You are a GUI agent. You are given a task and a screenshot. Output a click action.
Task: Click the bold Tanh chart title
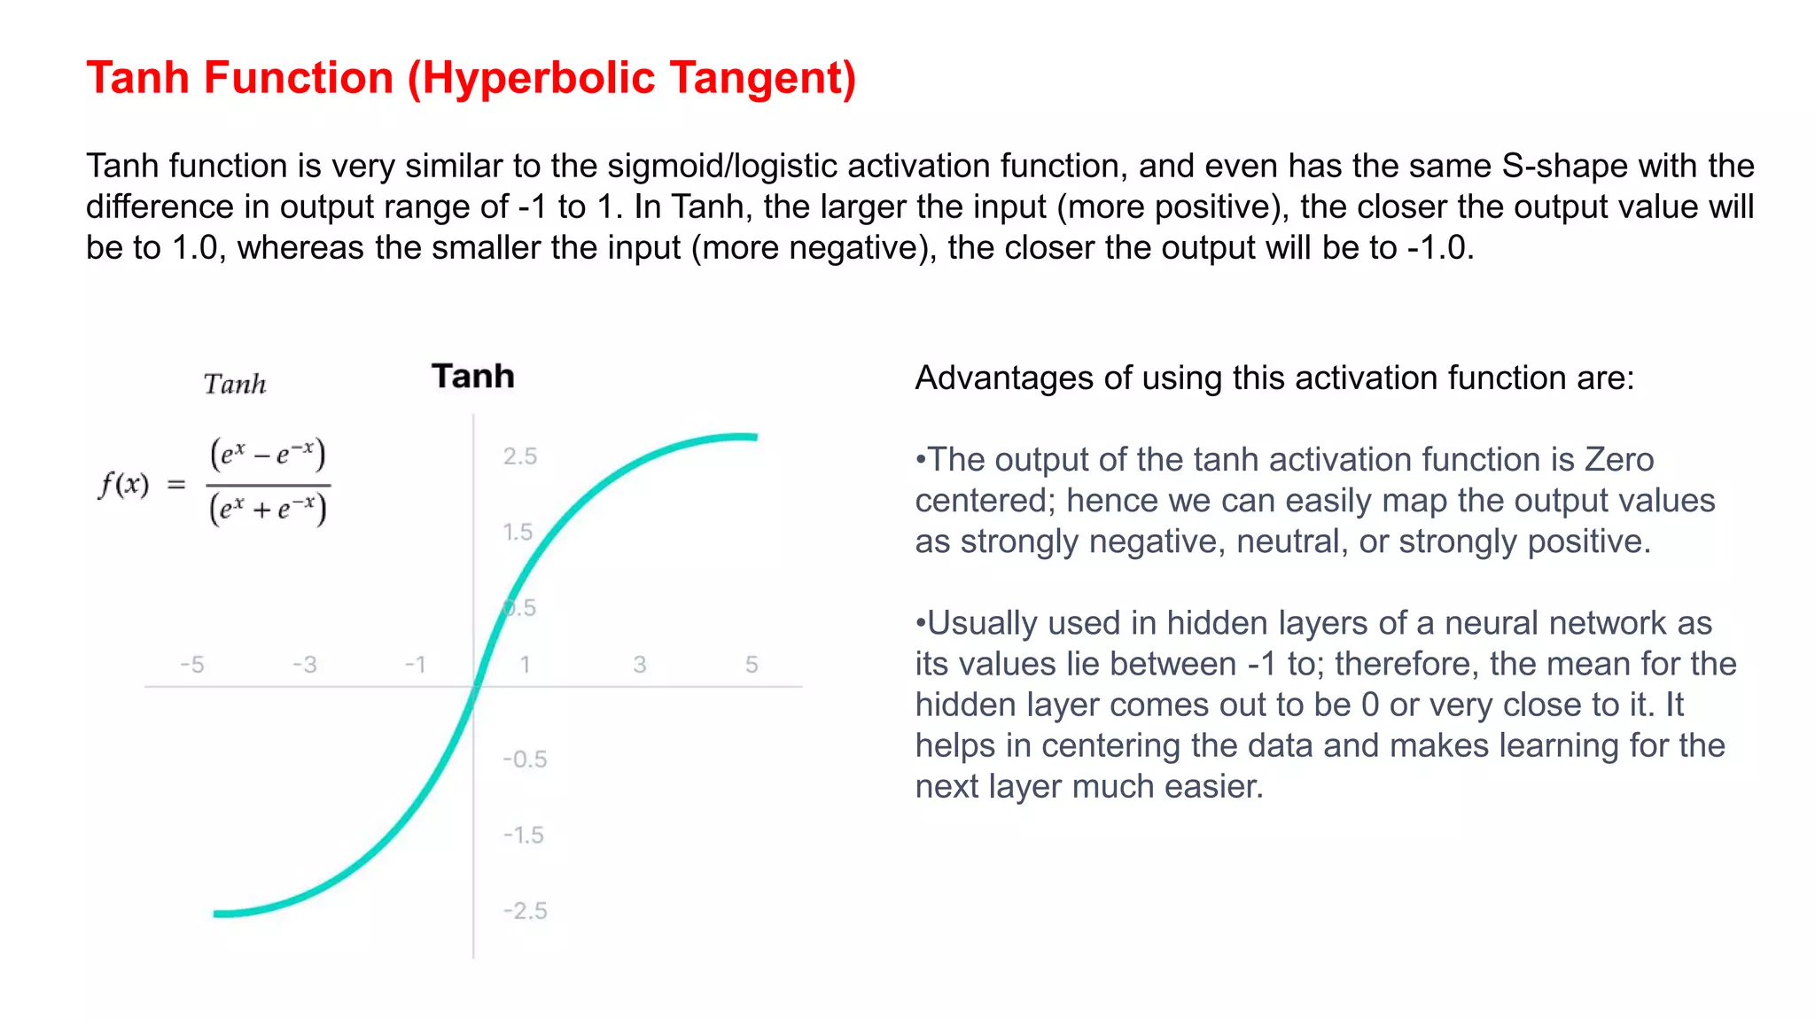[x=472, y=377]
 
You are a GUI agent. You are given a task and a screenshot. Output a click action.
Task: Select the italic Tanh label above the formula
[x=235, y=385]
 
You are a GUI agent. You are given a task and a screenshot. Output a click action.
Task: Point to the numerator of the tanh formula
[x=268, y=454]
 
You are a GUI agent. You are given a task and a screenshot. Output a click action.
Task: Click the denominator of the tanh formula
[x=268, y=510]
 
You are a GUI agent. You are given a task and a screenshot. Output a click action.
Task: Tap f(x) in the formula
[x=123, y=485]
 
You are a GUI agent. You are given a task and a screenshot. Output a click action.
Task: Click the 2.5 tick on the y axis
[x=520, y=456]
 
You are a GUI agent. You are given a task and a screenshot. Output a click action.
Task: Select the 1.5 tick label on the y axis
[x=518, y=532]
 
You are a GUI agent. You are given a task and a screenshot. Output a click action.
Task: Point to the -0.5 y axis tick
[x=525, y=760]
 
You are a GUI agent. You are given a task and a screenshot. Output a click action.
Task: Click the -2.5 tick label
[x=525, y=911]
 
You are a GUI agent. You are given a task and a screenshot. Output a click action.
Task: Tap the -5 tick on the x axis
[x=191, y=665]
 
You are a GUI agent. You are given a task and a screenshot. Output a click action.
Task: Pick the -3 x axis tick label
[x=304, y=665]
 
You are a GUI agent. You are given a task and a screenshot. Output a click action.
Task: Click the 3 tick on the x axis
[x=640, y=665]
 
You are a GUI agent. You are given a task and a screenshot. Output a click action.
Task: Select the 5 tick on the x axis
[x=752, y=665]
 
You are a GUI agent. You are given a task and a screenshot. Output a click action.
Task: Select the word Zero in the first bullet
[x=1619, y=460]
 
